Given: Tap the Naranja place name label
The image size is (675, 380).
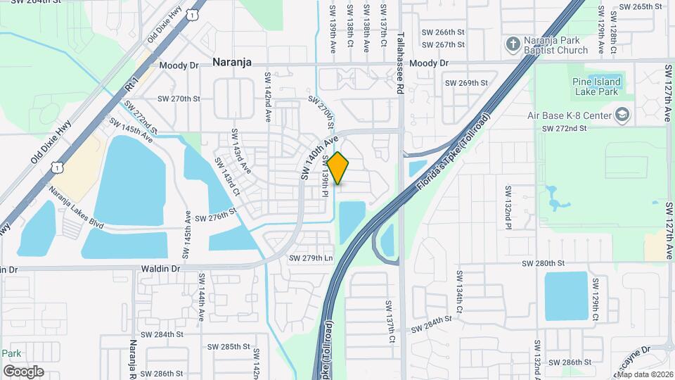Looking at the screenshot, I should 232,63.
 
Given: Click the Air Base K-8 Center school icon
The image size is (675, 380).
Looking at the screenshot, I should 622,115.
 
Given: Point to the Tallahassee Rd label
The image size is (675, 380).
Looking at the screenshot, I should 400,53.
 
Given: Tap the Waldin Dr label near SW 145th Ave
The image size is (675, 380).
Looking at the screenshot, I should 160,269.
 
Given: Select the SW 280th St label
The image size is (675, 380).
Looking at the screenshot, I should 544,263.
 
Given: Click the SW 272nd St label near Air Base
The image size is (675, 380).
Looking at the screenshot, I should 564,129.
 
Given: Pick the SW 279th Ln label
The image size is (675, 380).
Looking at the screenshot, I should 311,258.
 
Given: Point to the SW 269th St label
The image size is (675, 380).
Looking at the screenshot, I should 466,83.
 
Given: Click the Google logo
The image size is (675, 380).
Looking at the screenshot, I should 23,371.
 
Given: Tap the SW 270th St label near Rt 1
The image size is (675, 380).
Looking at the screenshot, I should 179,99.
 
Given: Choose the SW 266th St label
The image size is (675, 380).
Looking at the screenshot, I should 443,32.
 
